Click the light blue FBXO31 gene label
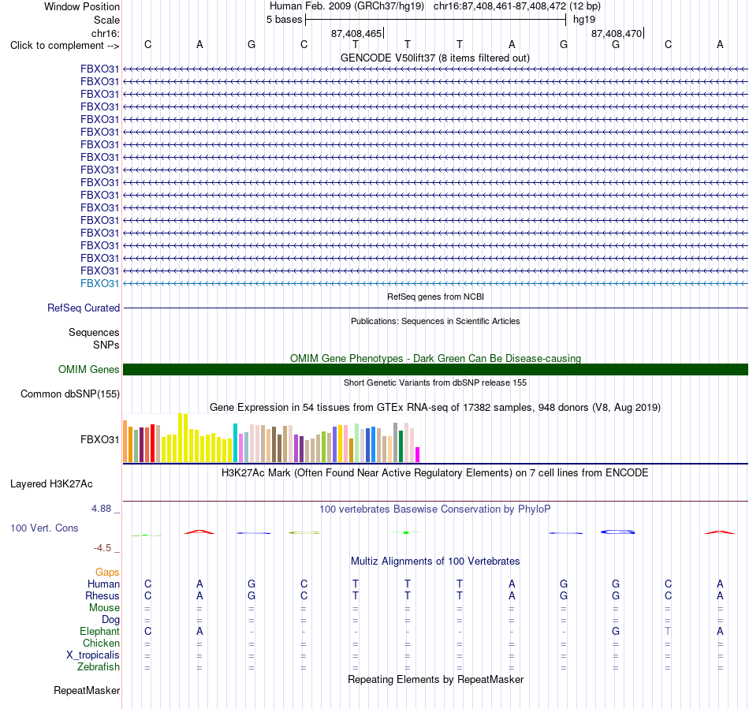coord(99,283)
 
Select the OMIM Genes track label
coord(88,369)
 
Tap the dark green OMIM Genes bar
coord(435,369)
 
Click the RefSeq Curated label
coord(83,308)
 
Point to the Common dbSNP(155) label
coord(69,394)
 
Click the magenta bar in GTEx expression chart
coord(418,454)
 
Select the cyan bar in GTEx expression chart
coord(235,442)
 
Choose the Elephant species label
coord(99,631)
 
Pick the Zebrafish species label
coord(98,666)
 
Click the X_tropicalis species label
coord(93,655)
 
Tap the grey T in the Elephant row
coord(668,631)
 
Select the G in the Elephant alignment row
coord(616,631)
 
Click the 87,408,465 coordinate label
coord(356,33)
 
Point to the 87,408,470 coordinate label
coord(617,33)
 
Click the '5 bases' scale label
coord(284,20)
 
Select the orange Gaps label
coord(107,572)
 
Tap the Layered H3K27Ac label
coord(51,483)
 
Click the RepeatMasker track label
coord(87,690)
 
